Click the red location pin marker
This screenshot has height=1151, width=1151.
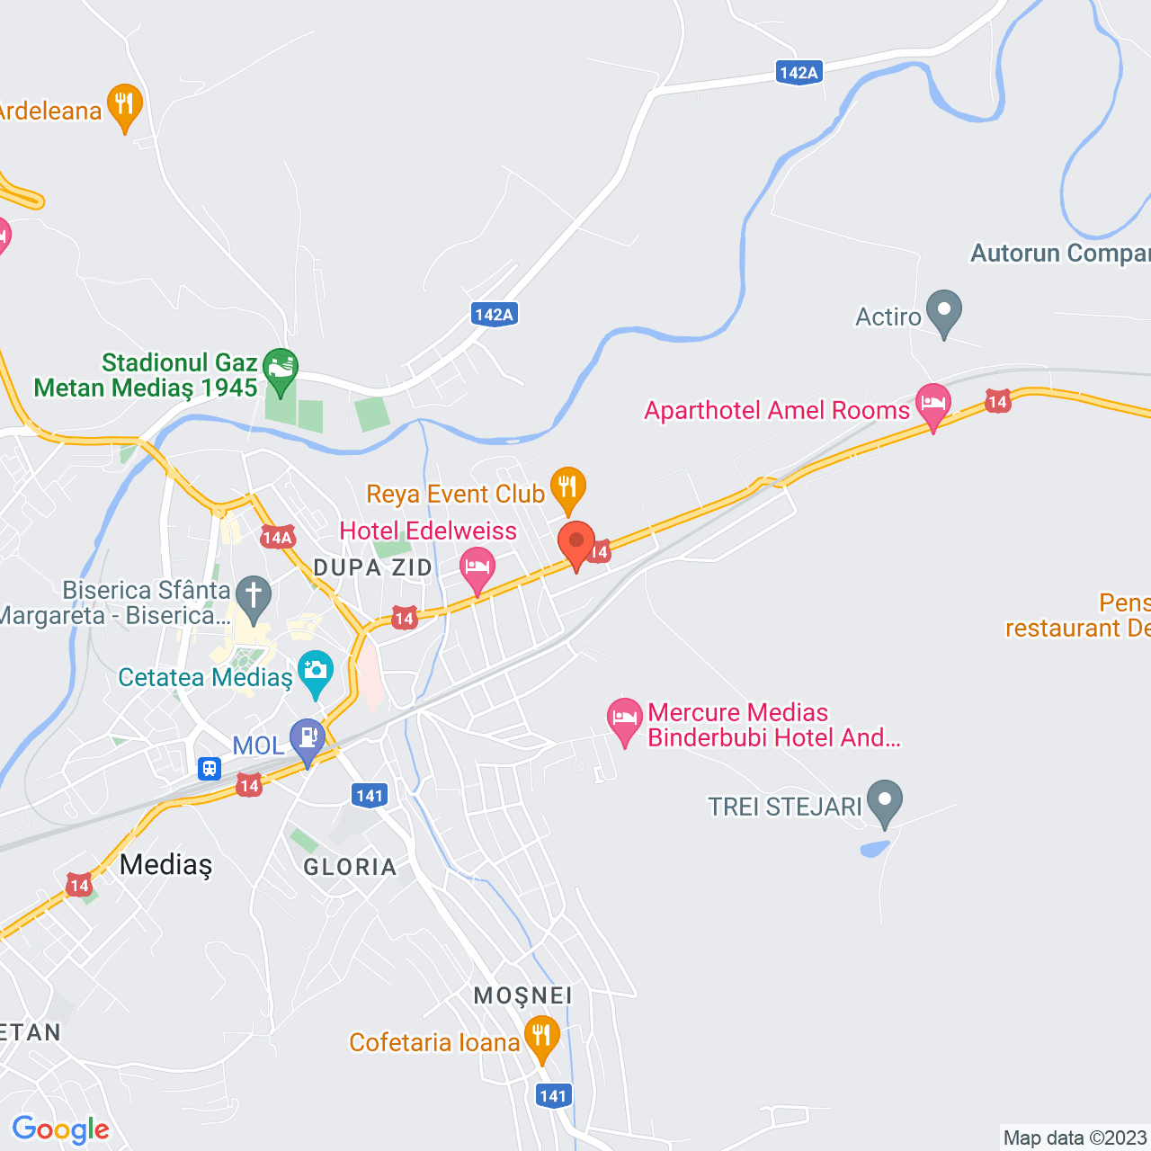[x=576, y=542]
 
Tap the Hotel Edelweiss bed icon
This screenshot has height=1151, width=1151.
[x=477, y=567]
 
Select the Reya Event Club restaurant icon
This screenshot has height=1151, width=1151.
[x=567, y=487]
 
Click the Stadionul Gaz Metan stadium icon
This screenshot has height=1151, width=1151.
[x=281, y=369]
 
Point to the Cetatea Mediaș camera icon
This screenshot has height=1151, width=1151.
[x=316, y=671]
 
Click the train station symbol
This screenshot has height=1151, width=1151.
[x=210, y=768]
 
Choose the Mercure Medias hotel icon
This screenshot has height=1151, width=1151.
[x=624, y=718]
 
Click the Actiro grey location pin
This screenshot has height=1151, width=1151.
[x=944, y=311]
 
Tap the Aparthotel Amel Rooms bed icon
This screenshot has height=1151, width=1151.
[x=932, y=404]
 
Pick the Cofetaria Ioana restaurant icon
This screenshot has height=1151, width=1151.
[x=541, y=1036]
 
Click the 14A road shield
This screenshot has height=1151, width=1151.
[x=278, y=538]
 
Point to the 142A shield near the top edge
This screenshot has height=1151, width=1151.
[x=799, y=73]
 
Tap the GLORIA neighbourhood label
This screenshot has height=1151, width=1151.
[x=350, y=867]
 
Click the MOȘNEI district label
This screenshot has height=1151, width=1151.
[x=523, y=995]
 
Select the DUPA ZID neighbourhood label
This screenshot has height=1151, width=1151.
[x=373, y=567]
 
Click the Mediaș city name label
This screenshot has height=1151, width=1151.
[x=166, y=865]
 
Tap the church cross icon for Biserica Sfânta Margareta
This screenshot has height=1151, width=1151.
[x=254, y=596]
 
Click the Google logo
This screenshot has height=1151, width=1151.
[x=61, y=1129]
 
